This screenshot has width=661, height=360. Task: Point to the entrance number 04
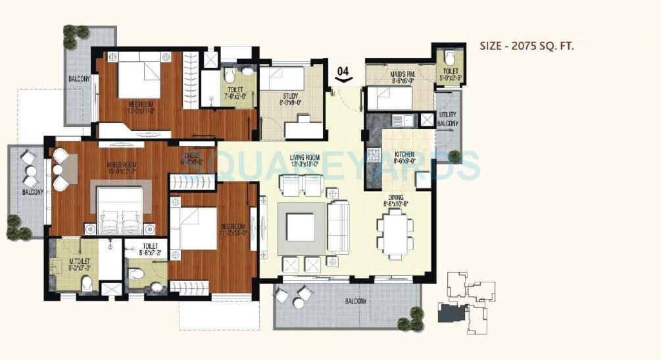[343, 70]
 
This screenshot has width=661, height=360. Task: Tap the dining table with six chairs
[395, 234]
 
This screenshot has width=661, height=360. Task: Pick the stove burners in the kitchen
[374, 157]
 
